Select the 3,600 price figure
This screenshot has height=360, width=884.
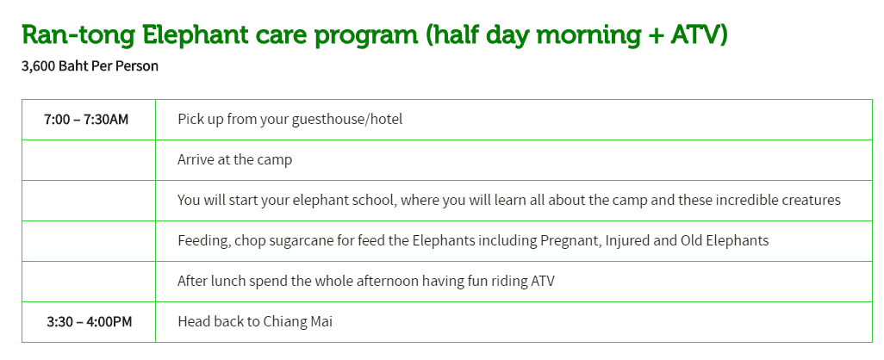[38, 66]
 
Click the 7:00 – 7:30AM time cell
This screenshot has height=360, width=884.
[86, 120]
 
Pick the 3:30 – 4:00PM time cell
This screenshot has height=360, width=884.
[89, 322]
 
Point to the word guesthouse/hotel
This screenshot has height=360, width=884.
[346, 120]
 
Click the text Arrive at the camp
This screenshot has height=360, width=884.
[234, 160]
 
